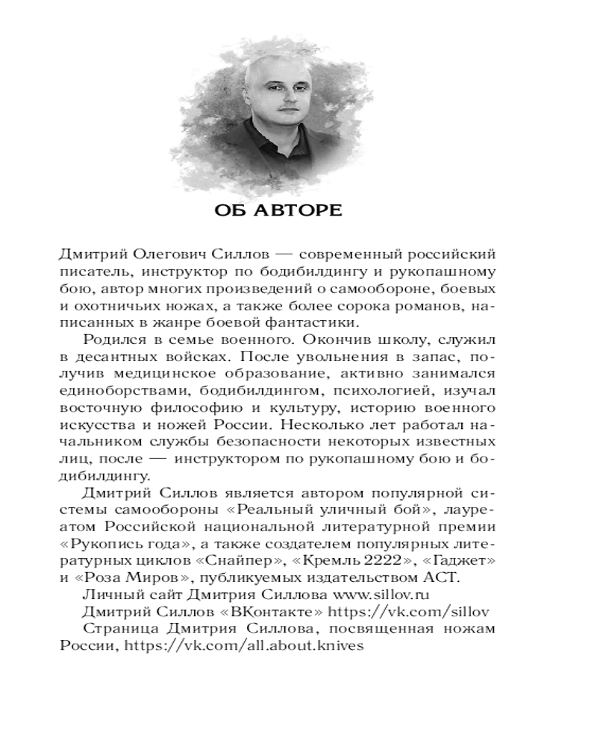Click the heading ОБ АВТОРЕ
278,211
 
